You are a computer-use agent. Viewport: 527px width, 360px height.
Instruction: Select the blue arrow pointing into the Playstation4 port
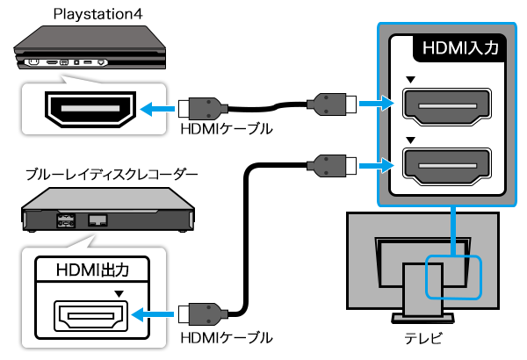coord(157,109)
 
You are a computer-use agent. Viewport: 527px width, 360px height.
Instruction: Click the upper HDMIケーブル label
coord(225,128)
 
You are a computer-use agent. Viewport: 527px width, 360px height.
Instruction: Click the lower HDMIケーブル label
coord(225,337)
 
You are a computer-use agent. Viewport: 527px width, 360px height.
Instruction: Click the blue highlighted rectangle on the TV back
coord(455,277)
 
